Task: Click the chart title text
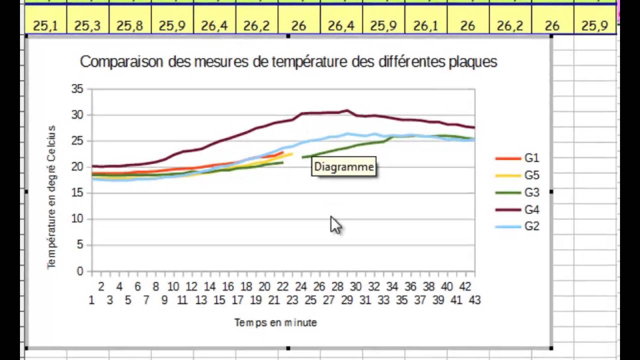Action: pyautogui.click(x=288, y=62)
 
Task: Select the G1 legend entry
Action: pyautogui.click(x=531, y=158)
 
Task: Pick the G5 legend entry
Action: pyautogui.click(x=531, y=175)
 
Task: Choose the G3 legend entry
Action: pyautogui.click(x=531, y=192)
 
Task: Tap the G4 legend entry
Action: pyautogui.click(x=531, y=209)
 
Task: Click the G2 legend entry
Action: pyautogui.click(x=531, y=226)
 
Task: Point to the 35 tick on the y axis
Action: pyautogui.click(x=77, y=89)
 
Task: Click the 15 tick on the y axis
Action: pyautogui.click(x=77, y=193)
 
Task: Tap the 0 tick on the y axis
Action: pyautogui.click(x=80, y=271)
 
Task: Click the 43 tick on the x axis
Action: pyautogui.click(x=474, y=300)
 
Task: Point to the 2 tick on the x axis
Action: pyautogui.click(x=101, y=287)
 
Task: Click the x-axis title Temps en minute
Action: pyautogui.click(x=275, y=323)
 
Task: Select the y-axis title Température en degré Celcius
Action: pyautogui.click(x=52, y=197)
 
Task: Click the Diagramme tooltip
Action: pyautogui.click(x=344, y=167)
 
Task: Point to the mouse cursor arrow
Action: pyautogui.click(x=334, y=224)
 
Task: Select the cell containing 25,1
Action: pyautogui.click(x=45, y=25)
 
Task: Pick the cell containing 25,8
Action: pyautogui.click(x=130, y=25)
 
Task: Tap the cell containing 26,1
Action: pyautogui.click(x=426, y=25)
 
